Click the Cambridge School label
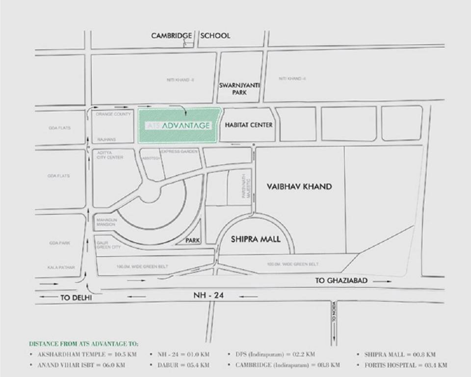(190, 35)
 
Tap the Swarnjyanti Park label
(239, 88)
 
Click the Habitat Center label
(248, 125)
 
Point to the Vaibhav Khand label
(299, 187)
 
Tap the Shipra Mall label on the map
(256, 239)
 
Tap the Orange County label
(113, 114)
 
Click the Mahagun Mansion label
(106, 222)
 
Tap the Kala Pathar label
(61, 268)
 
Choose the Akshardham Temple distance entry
(87, 354)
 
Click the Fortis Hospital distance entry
(405, 365)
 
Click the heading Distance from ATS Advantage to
(83, 343)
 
